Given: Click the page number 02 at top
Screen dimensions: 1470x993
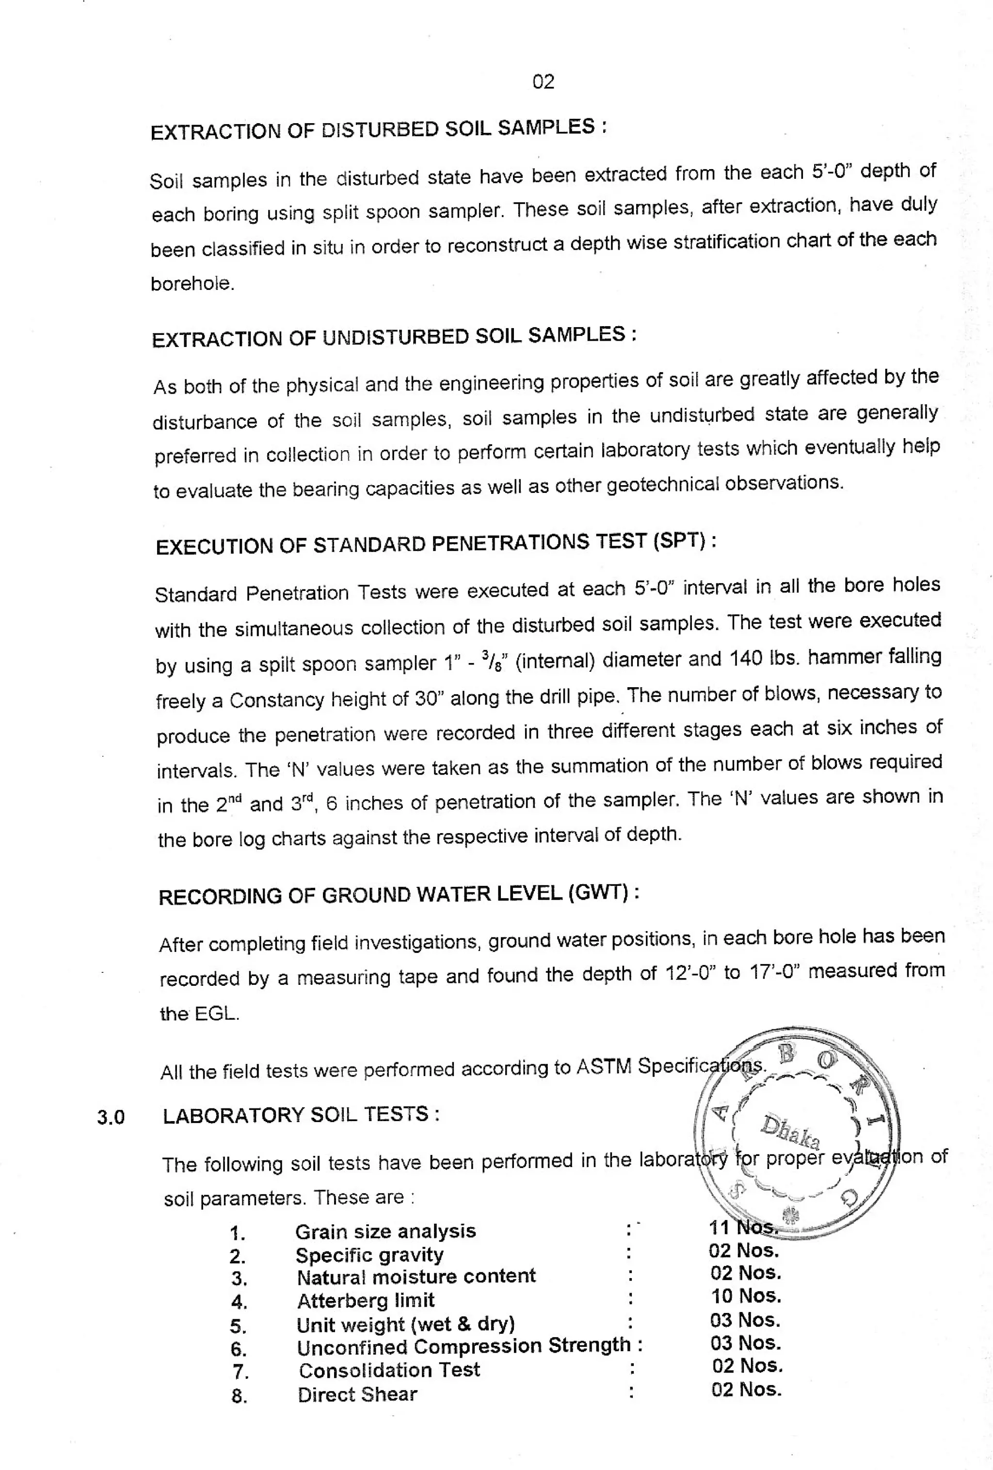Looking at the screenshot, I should point(543,81).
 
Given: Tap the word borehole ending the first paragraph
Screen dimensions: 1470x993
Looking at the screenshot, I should point(192,284).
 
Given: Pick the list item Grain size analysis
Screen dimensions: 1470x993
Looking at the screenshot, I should point(385,1231).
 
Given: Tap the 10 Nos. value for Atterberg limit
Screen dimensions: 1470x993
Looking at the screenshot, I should point(746,1296).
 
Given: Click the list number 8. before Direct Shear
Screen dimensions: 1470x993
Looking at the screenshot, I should point(239,1396).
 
